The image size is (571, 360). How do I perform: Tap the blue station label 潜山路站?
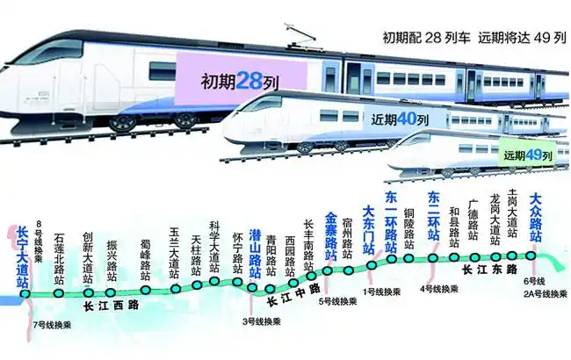click(255, 252)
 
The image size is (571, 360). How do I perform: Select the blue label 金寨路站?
click(331, 235)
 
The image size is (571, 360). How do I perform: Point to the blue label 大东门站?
click(369, 228)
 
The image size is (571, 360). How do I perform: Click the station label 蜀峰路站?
click(146, 259)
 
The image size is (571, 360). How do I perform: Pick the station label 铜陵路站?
click(408, 230)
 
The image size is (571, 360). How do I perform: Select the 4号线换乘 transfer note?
click(437, 288)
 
